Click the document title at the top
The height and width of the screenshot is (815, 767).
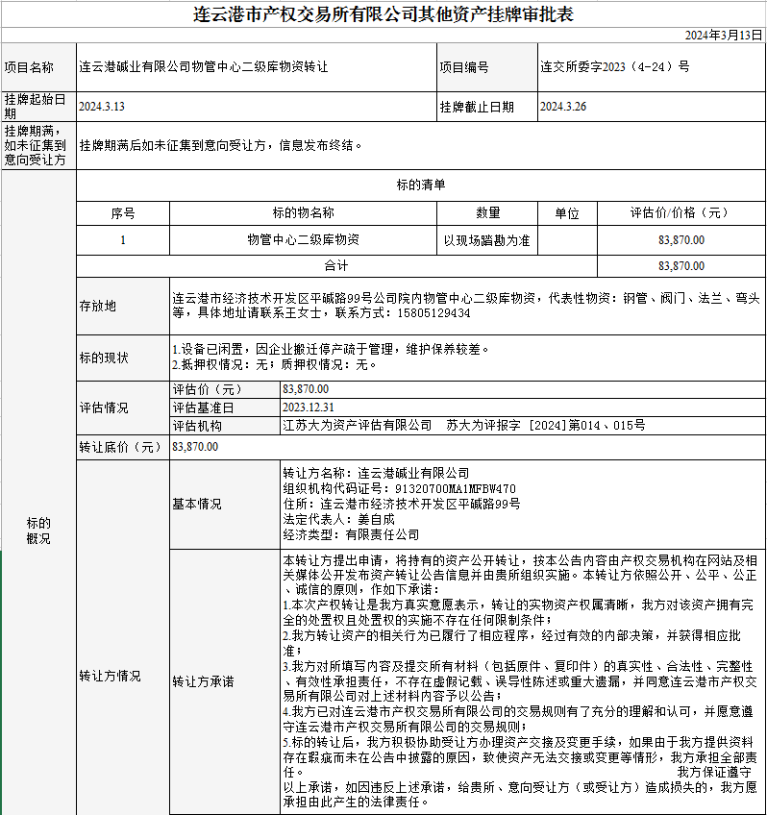tap(383, 14)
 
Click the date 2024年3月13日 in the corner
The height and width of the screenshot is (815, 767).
tap(723, 35)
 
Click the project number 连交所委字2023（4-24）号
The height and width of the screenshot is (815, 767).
tap(615, 67)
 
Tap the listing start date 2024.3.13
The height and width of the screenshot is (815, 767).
tap(102, 107)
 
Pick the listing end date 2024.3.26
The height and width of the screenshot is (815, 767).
tap(563, 107)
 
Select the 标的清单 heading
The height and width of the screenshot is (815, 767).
tap(420, 185)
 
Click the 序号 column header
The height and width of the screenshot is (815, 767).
tap(123, 213)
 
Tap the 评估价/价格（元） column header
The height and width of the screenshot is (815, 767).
tap(680, 213)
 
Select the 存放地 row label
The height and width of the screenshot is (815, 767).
tap(97, 306)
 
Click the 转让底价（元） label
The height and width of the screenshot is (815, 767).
tap(120, 447)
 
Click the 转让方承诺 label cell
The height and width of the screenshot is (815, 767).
tap(203, 682)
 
